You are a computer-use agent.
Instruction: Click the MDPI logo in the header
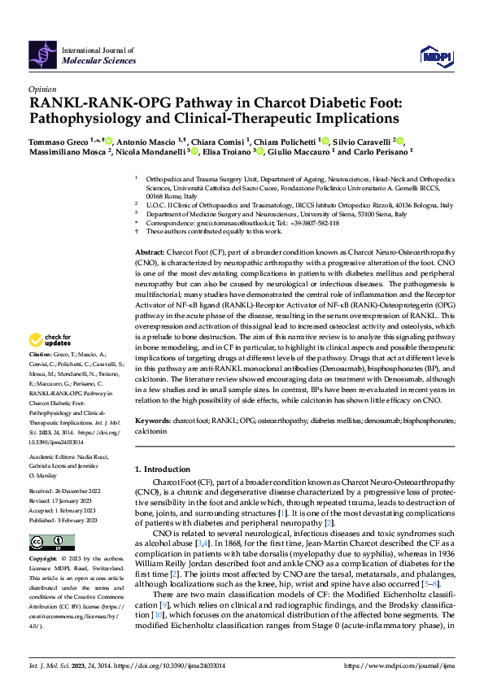(x=435, y=55)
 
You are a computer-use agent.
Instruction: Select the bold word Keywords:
(x=153, y=421)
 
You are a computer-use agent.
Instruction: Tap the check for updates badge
(x=50, y=362)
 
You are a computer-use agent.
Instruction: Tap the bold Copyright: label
(x=44, y=560)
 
